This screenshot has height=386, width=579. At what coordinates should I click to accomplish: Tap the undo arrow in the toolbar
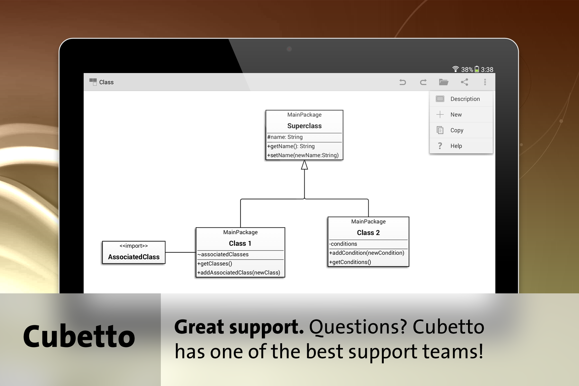402,82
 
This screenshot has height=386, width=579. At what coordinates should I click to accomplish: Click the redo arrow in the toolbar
423,82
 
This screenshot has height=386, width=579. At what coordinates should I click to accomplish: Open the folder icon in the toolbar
444,82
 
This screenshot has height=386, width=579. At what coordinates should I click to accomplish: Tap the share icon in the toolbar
464,82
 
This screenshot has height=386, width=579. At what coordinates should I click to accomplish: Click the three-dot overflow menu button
485,82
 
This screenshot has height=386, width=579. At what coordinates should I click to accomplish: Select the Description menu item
465,99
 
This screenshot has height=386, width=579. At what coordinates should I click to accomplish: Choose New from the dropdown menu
456,115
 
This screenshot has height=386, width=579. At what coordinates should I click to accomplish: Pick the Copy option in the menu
457,130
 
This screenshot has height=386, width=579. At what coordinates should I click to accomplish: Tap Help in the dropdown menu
456,146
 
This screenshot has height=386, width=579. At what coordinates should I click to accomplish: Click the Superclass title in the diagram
304,126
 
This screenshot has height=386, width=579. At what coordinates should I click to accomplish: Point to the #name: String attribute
285,137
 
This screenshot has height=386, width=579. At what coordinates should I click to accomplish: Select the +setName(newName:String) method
303,155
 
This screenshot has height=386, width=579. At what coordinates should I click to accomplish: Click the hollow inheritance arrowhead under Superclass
304,165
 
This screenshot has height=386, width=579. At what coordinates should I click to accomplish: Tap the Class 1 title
240,244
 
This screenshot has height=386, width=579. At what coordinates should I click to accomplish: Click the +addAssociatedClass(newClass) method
239,273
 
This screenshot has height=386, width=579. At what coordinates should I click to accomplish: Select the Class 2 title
368,233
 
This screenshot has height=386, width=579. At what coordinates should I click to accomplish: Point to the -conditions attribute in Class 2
343,244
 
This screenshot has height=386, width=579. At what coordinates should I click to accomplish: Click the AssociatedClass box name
134,257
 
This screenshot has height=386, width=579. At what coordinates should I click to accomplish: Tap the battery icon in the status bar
477,69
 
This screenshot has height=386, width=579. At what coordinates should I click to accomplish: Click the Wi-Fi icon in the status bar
455,69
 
